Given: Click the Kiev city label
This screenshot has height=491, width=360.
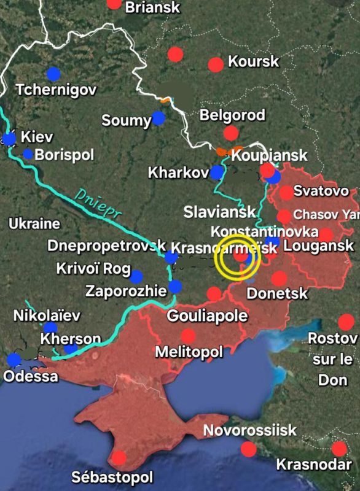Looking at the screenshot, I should tap(37, 136).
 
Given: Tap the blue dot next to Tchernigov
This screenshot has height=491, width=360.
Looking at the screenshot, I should tap(54, 74).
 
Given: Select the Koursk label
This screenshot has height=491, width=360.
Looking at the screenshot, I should tap(253, 61).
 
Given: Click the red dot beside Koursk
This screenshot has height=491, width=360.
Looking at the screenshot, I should tap(216, 64).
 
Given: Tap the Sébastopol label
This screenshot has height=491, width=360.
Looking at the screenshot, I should tap(112, 477).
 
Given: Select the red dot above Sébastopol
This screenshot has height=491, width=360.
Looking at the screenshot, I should tap(119, 457).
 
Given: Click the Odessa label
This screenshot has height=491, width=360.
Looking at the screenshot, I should tap(31, 376).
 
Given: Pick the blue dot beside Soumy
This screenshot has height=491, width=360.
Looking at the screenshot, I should tap(159, 118).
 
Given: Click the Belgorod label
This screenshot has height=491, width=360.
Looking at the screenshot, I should tap(233, 115).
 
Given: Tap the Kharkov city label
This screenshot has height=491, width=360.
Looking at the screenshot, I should tap(178, 173).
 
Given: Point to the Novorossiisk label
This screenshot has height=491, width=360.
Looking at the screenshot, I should tap(250, 430).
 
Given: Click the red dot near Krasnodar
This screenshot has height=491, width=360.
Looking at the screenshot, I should tap(338, 448).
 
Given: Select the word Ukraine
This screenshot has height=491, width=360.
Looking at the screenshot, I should tap(34, 224).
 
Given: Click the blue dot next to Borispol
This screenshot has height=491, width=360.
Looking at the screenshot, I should tap(28, 154).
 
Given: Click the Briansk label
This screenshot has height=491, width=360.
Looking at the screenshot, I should tap(152, 7).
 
